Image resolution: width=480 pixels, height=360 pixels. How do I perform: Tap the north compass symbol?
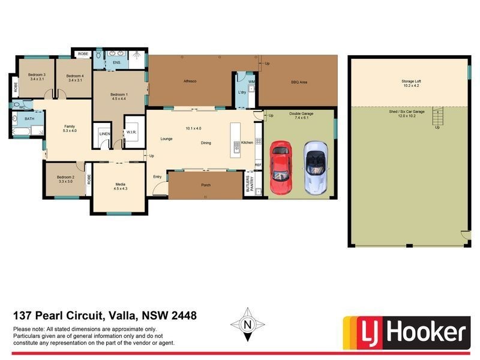click(247, 325)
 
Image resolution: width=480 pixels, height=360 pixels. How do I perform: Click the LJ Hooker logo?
click(404, 332)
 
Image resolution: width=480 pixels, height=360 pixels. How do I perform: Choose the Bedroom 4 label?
click(74, 76)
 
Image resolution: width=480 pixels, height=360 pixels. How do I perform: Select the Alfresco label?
click(190, 81)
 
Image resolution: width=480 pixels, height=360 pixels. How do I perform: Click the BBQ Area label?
click(299, 82)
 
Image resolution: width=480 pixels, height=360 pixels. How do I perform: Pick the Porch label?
click(205, 185)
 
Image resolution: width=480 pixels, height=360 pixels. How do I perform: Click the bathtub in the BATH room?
click(20, 130)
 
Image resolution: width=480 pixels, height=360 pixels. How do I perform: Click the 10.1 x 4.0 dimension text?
click(194, 128)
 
